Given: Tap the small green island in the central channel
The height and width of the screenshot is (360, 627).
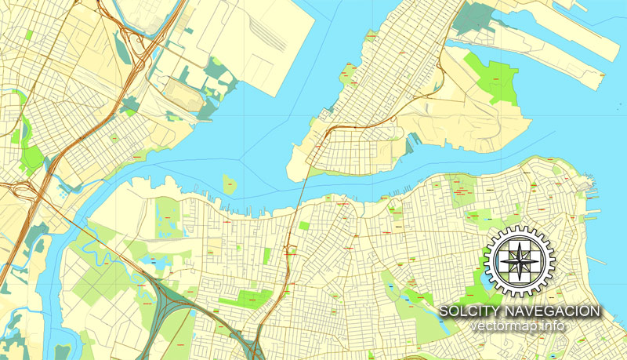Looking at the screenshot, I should [x=230, y=185].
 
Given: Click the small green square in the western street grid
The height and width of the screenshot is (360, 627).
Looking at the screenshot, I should [x=29, y=35].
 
